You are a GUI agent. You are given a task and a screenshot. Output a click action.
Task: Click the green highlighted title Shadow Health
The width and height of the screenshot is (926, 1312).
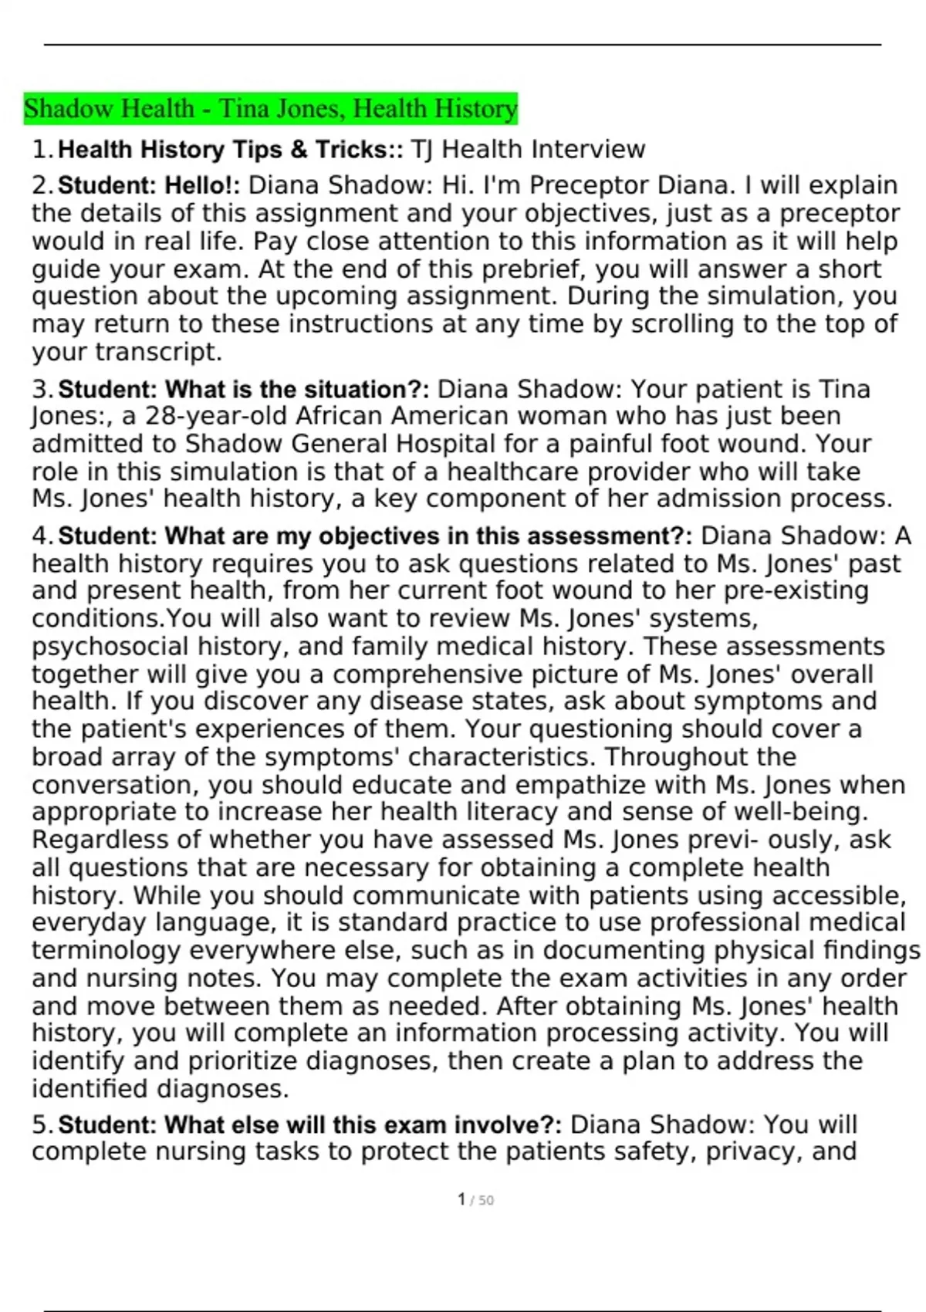coord(270,109)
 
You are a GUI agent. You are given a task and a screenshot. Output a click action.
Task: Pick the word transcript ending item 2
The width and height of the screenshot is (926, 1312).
coord(157,352)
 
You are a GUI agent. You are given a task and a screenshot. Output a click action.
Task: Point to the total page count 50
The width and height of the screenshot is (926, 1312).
coord(485,1201)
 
